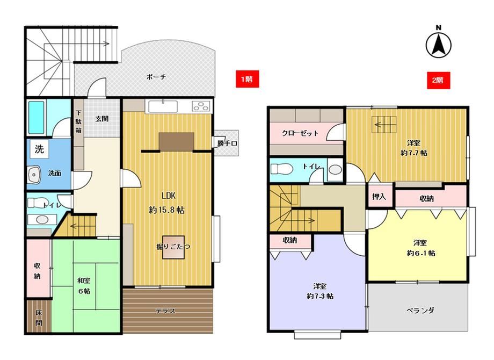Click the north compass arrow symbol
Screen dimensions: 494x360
438,45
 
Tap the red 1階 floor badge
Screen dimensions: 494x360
248,78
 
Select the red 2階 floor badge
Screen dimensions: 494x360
438,81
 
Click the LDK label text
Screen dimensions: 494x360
169,196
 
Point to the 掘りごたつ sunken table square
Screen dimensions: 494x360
173,248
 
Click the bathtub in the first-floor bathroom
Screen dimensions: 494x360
36,117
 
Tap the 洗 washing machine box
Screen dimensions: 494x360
39,149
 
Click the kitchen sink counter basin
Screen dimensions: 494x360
163,106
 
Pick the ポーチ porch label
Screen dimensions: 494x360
156,77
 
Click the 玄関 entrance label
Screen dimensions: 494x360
102,119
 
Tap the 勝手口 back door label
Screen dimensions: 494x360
227,143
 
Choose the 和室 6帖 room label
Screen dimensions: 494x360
84,286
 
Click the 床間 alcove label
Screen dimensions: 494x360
39,318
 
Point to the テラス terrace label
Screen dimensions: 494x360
165,311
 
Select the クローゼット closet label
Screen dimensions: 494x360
300,133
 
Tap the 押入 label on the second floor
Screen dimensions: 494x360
379,197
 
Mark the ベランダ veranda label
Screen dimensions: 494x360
420,310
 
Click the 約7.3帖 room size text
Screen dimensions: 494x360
320,296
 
